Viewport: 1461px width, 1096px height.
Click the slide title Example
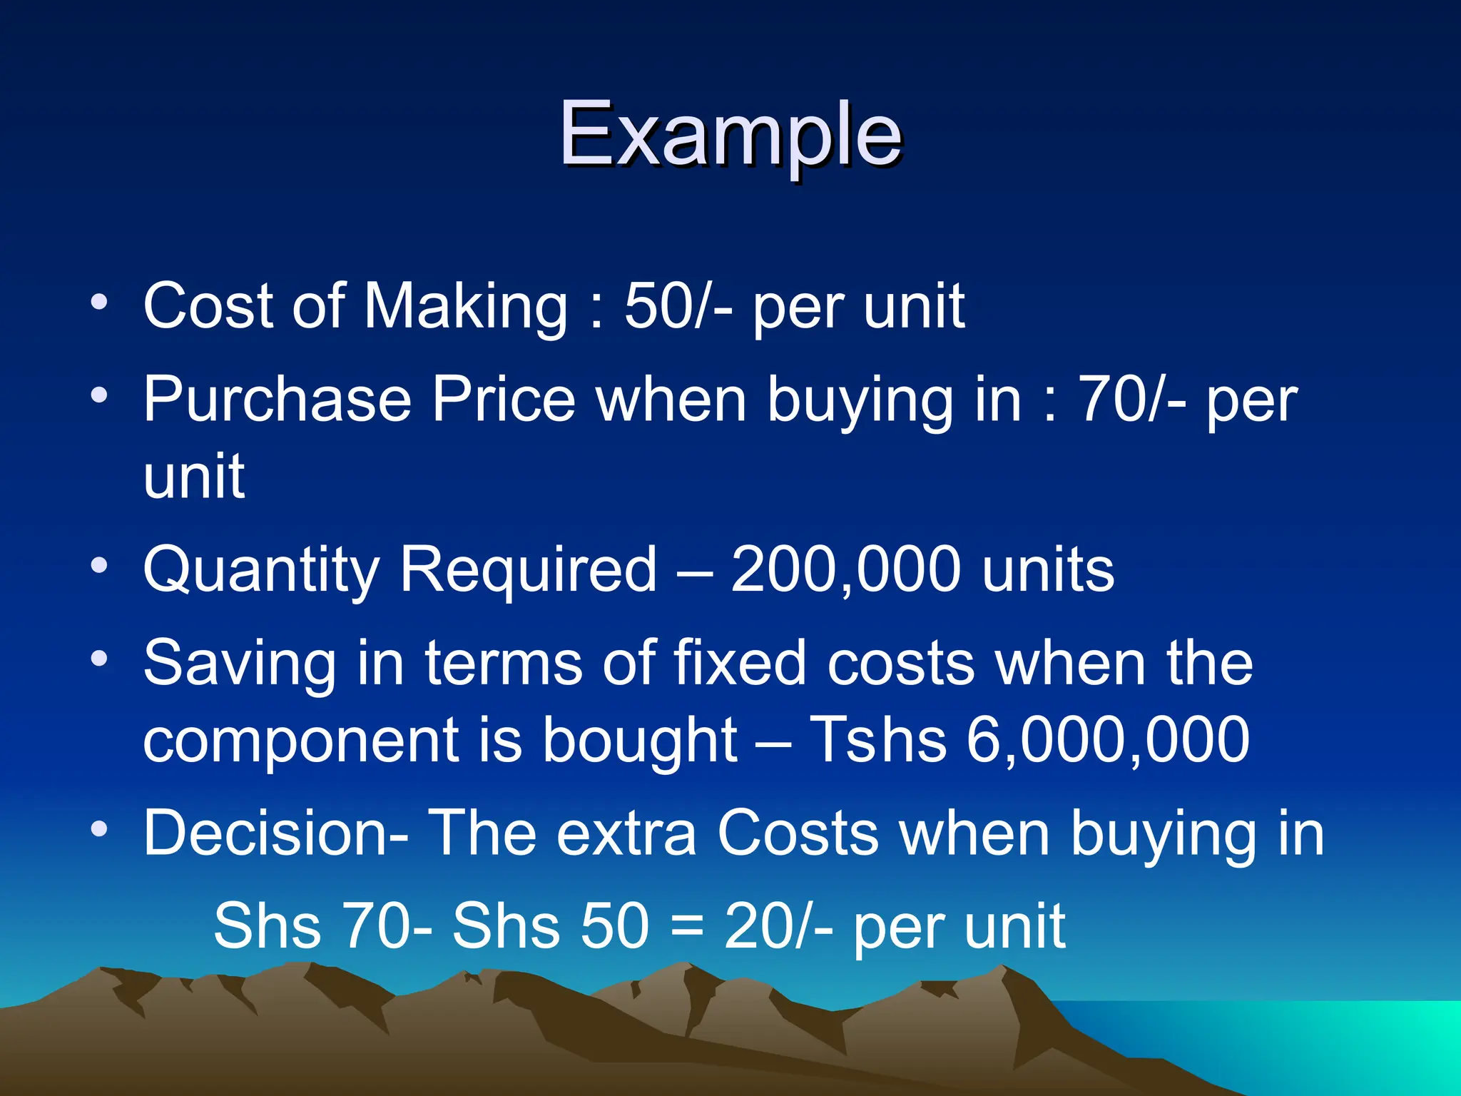[x=730, y=136]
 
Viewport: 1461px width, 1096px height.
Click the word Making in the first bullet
[x=466, y=307]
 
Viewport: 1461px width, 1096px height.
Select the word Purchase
[x=278, y=400]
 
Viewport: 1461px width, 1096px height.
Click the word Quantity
[x=261, y=571]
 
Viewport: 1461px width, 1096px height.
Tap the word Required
[x=528, y=571]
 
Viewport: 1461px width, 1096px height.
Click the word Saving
[x=240, y=664]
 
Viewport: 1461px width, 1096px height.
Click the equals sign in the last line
[x=686, y=926]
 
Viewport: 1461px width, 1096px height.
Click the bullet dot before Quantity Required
[x=99, y=566]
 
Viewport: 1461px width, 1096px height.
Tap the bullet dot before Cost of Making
[x=99, y=301]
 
